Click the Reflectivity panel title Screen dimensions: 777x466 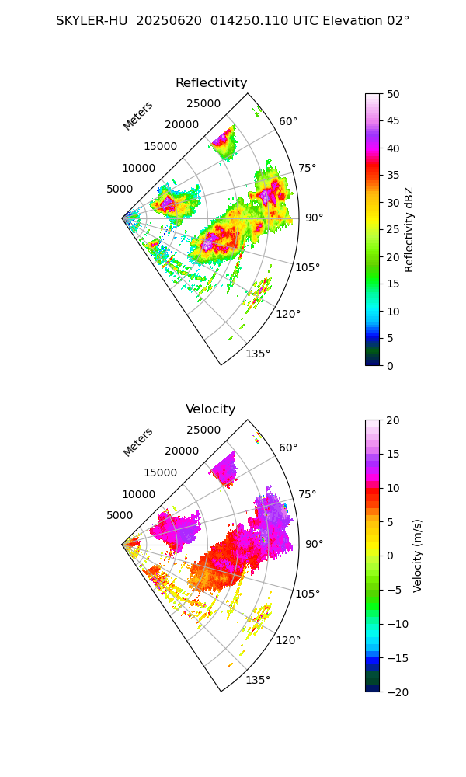pos(211,83)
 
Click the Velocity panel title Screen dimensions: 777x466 pos(210,409)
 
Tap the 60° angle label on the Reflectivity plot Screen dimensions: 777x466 pos(288,121)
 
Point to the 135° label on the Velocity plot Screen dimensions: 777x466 pos(258,681)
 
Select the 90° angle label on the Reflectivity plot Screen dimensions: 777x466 pos(314,218)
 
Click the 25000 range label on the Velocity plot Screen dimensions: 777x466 pos(203,430)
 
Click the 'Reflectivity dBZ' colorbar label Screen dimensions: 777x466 pos(409,229)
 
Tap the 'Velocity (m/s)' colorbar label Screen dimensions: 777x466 pos(418,556)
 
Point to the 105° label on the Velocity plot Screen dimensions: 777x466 pos(308,594)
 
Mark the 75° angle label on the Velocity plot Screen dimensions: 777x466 pos(307,494)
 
